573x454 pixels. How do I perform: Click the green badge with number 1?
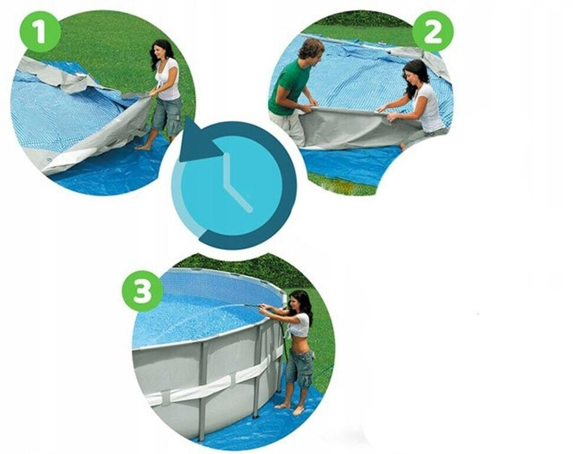[x=40, y=31]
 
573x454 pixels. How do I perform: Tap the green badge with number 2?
[x=433, y=31]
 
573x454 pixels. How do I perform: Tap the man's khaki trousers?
[x=287, y=127]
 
